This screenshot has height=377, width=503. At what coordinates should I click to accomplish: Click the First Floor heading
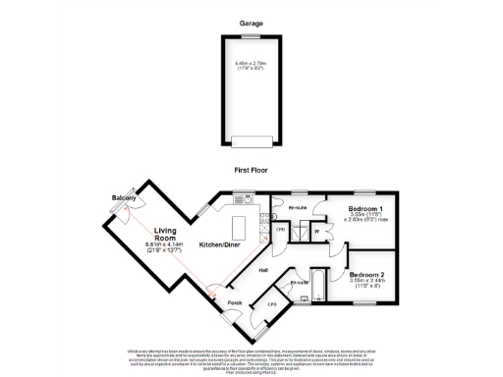pos(251,170)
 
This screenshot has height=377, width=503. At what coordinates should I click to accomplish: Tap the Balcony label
pos(123,198)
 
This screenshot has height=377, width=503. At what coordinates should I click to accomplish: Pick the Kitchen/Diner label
pos(221,243)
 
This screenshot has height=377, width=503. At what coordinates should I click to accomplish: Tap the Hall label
pos(264,268)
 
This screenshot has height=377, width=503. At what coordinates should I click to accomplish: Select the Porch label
pos(235,301)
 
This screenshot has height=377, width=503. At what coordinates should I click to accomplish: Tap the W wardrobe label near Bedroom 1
pos(316,231)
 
